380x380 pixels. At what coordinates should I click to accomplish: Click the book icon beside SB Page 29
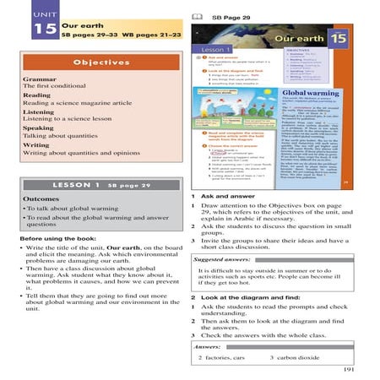click(x=197, y=16)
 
